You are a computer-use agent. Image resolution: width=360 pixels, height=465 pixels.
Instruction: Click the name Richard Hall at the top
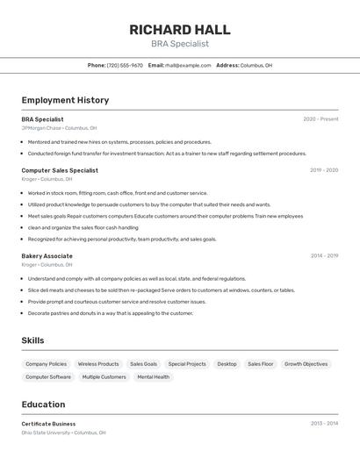(x=180, y=29)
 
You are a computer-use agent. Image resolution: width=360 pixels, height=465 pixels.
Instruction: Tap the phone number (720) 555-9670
(x=125, y=65)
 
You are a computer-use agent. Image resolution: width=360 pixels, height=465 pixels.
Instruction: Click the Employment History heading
(x=65, y=100)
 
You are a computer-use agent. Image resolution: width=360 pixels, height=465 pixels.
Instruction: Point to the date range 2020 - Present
(x=320, y=119)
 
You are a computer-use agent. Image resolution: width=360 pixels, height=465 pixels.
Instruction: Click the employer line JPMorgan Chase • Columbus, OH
(x=59, y=128)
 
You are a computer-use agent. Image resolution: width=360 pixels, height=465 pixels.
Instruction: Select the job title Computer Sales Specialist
(x=60, y=170)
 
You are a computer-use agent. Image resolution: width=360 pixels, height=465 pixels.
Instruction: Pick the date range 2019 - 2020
(x=323, y=170)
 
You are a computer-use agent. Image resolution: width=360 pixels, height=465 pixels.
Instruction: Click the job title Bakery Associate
(x=47, y=256)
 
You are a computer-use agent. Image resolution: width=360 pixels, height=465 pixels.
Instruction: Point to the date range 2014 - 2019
(x=323, y=256)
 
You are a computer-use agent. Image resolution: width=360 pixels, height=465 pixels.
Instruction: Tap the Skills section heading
(x=32, y=340)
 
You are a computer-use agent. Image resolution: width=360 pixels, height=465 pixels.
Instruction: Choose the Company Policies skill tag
(x=46, y=364)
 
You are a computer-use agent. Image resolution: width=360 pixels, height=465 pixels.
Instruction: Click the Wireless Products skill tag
(x=98, y=364)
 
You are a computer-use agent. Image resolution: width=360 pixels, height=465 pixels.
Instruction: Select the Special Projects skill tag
(x=187, y=364)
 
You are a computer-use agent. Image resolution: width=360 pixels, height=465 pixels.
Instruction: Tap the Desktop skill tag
(x=227, y=364)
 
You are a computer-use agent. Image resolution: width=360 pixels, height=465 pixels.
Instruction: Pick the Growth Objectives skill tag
(x=306, y=364)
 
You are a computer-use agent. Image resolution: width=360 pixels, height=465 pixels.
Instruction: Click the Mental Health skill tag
(x=153, y=377)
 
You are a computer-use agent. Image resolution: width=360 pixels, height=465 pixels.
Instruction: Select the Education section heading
(x=43, y=404)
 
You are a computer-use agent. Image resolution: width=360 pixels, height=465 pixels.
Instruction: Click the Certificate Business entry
(x=48, y=424)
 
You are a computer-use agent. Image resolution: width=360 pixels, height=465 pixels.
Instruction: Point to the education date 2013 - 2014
(x=323, y=424)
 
